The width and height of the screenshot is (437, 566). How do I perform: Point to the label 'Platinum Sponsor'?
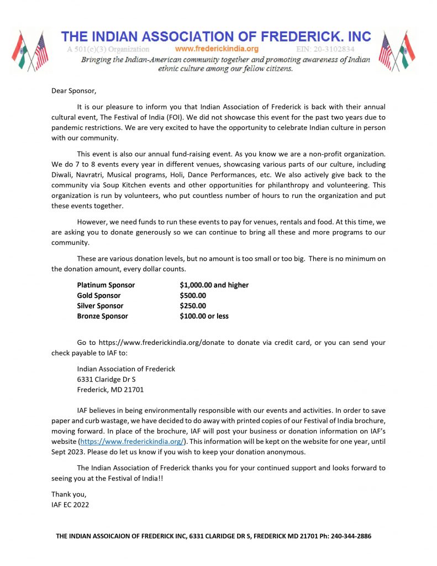(x=106, y=285)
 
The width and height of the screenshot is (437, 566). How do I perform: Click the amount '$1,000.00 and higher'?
(x=214, y=285)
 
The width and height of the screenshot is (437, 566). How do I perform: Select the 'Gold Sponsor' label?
(x=99, y=296)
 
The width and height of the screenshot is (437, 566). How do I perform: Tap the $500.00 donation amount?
(x=193, y=296)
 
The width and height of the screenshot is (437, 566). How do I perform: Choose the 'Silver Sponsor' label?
(x=101, y=306)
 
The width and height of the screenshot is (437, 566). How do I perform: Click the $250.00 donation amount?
(x=193, y=306)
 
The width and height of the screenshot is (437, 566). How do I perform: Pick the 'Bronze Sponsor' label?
(x=103, y=316)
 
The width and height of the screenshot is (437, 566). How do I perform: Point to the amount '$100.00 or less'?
(x=204, y=316)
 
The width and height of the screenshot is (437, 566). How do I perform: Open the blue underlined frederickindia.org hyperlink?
(x=132, y=441)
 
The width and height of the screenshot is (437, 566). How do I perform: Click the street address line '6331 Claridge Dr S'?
(x=107, y=379)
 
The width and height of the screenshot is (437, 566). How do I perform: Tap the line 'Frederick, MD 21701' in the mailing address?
(x=110, y=389)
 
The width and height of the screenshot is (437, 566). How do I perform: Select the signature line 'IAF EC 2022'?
(x=70, y=504)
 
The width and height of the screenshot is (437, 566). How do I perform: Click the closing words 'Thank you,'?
(x=69, y=494)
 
